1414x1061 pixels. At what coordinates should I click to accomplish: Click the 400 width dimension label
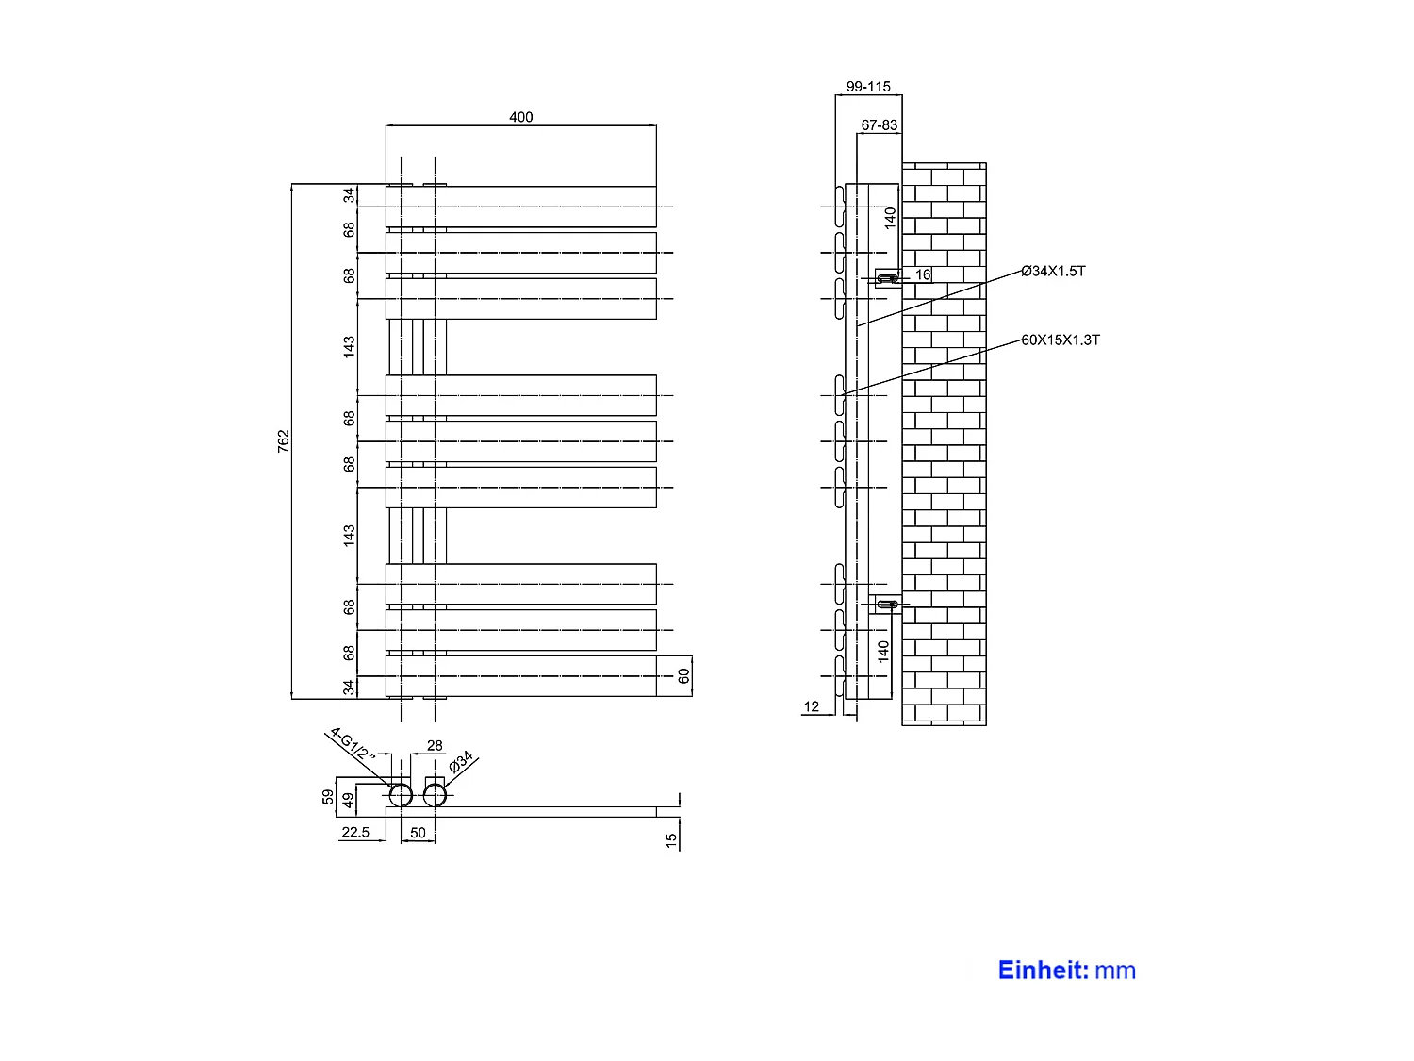520,117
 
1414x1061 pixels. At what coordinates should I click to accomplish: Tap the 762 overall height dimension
284,441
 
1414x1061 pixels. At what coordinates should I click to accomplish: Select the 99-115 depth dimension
868,87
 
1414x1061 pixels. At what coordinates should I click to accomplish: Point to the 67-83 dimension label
880,124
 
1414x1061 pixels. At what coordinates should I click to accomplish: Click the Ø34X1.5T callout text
1053,272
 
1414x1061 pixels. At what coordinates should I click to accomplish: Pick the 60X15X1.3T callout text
1060,340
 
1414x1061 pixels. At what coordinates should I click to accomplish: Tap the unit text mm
1116,970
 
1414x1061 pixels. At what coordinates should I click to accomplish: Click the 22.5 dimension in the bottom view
355,833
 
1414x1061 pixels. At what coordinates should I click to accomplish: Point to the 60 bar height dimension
683,676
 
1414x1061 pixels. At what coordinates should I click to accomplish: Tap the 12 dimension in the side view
812,706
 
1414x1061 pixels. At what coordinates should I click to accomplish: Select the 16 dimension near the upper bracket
923,275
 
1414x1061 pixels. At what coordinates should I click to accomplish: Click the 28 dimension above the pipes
435,746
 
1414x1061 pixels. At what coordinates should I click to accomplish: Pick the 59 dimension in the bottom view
328,797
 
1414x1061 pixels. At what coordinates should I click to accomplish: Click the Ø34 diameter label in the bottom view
462,763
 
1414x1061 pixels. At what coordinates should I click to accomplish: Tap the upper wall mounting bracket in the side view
887,278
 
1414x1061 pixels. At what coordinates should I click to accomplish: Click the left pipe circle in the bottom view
401,796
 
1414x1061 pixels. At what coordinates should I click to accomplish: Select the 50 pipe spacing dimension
418,833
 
